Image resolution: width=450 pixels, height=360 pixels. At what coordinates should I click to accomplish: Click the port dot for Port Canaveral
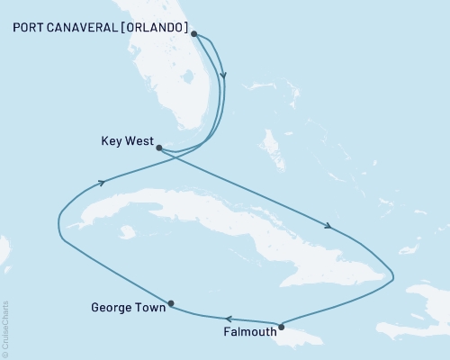pos(193,33)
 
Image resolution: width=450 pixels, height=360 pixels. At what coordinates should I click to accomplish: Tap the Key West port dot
pos(157,148)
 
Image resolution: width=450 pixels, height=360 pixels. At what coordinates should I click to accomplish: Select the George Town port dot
pos(171,303)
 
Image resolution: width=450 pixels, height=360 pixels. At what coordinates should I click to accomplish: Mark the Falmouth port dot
pos(282,327)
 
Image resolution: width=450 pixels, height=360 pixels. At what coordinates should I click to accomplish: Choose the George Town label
pos(129,308)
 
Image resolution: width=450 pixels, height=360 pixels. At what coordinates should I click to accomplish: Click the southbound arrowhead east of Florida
pos(223,78)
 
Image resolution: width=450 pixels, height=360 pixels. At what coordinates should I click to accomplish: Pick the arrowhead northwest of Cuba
pos(100,183)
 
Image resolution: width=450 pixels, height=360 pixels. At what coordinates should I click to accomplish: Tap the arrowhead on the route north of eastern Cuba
pos(330,227)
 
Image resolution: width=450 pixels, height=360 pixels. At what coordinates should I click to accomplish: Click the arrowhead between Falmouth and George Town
pos(229,319)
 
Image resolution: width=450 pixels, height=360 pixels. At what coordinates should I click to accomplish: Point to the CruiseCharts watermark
pos(4,329)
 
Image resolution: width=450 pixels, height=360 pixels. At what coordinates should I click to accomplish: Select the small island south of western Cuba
pos(127,233)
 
